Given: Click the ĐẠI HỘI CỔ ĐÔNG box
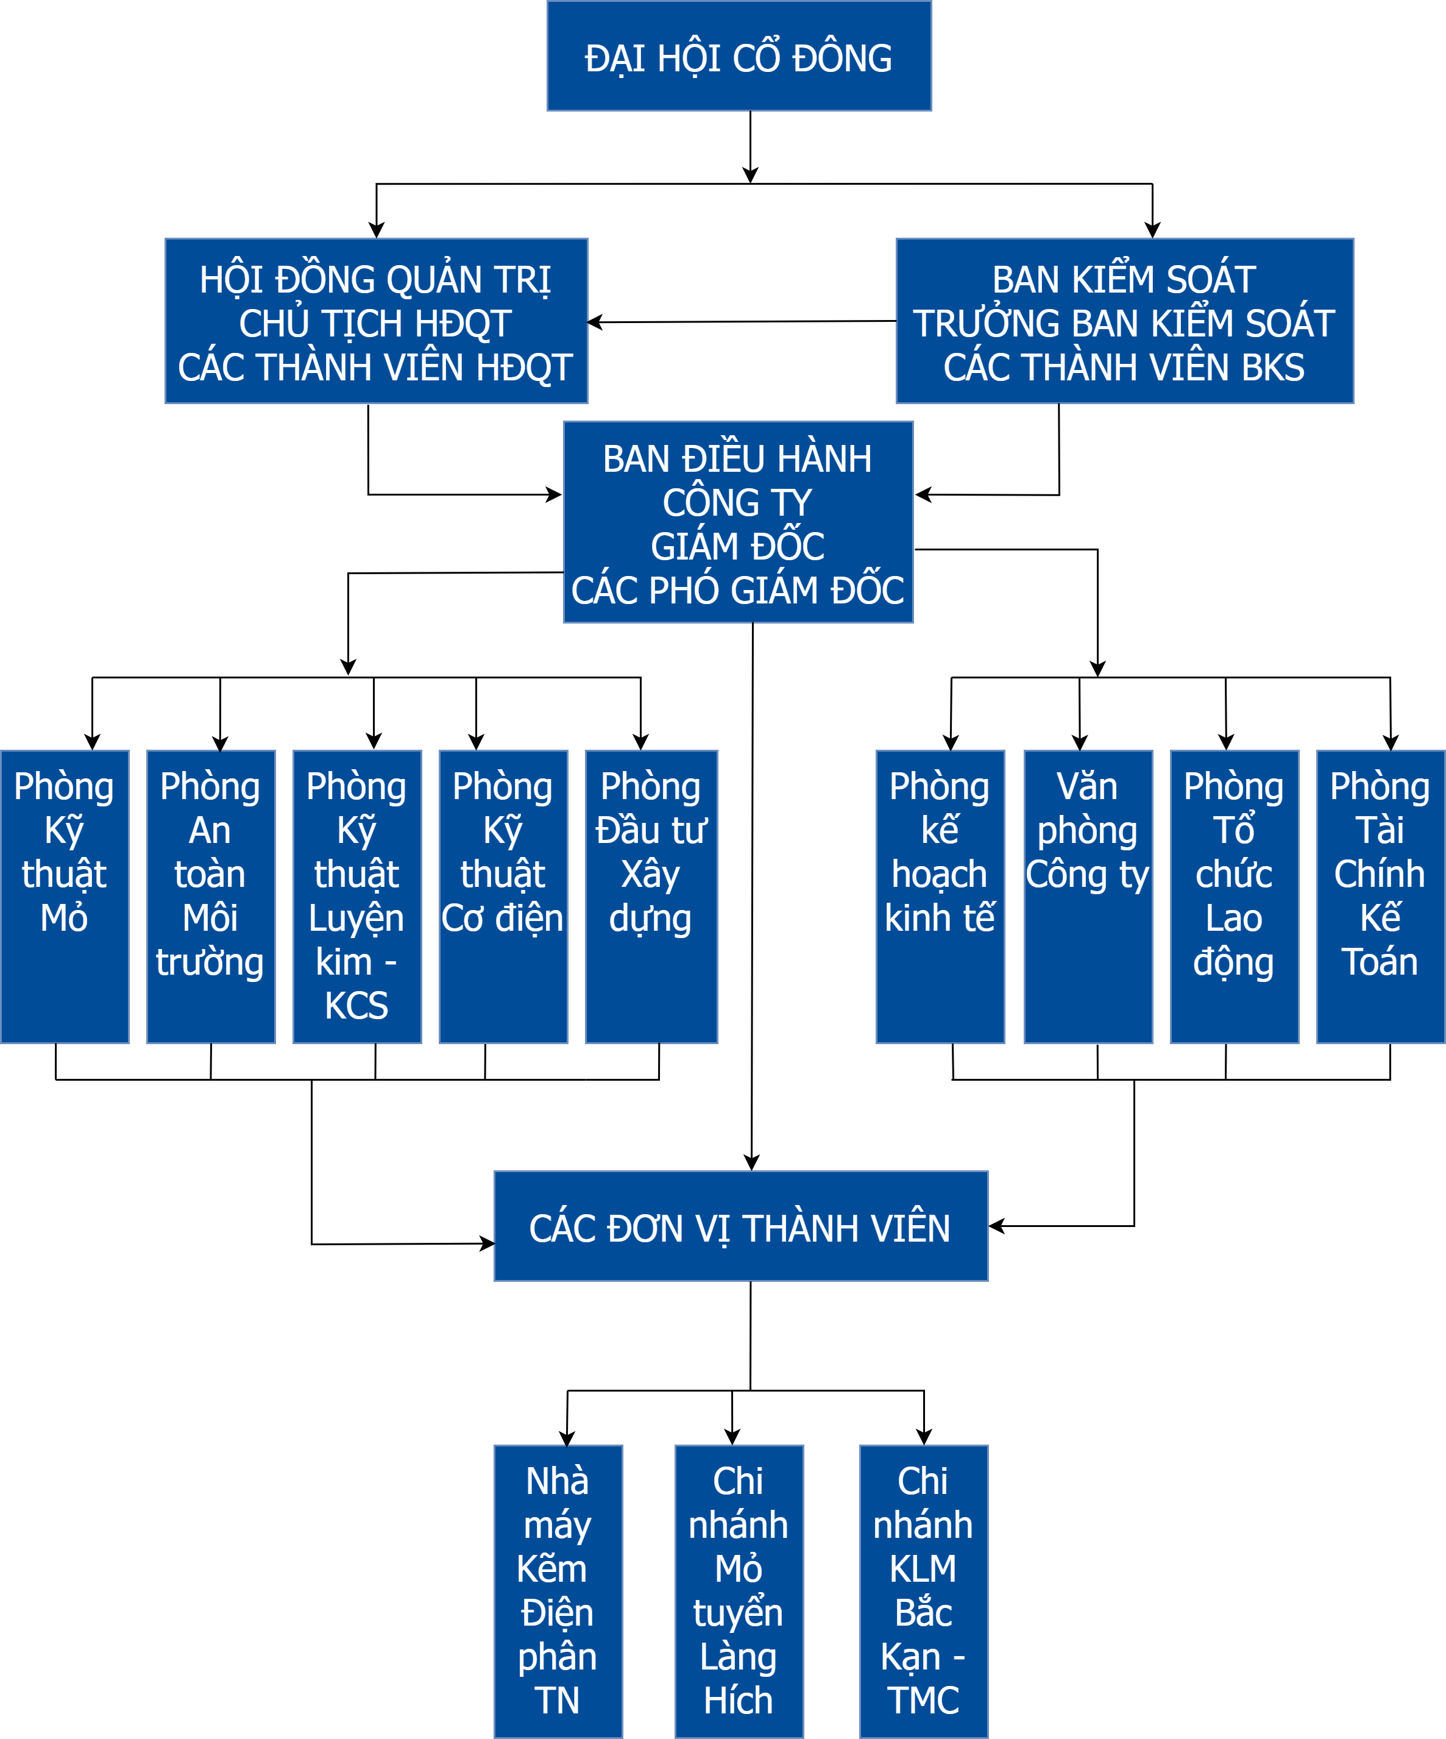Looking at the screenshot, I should click(739, 56).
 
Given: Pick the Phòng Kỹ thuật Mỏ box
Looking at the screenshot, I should click(65, 896).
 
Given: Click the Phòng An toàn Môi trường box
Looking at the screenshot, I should click(210, 896).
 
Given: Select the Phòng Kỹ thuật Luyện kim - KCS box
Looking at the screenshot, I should click(356, 896).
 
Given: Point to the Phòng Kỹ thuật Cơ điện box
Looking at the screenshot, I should click(503, 896).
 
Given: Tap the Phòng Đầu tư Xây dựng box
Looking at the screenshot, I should click(651, 896).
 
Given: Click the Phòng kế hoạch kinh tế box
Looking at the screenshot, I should click(940, 896).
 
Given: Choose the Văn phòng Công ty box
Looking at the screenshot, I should click(1088, 896).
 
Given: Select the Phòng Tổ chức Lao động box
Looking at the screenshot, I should click(1233, 896).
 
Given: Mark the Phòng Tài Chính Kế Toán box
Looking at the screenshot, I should click(1380, 896).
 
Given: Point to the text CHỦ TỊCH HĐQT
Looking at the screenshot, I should click(376, 324).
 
